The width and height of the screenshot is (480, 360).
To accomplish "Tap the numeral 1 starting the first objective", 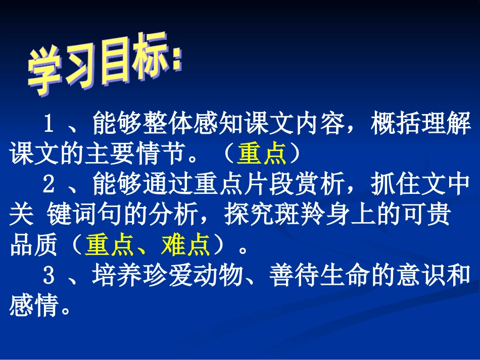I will point(49,123).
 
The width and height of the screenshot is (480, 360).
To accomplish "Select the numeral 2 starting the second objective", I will point(49,185).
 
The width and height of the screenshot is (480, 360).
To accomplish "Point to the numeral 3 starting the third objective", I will point(49,276).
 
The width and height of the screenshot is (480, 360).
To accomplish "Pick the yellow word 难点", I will point(185,246).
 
